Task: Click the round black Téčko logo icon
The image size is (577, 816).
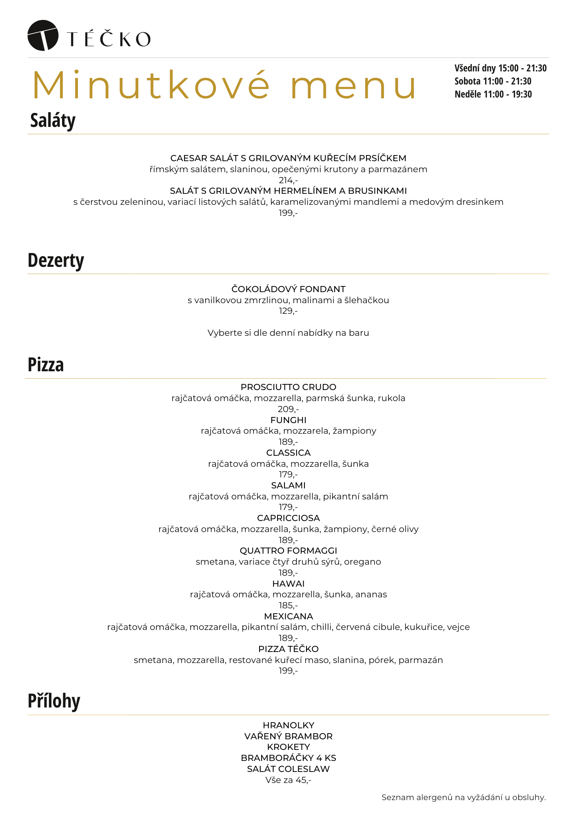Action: pyautogui.click(x=42, y=35)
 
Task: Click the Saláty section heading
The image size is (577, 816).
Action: pyautogui.click(x=53, y=121)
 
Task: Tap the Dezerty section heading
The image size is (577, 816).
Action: pyautogui.click(x=55, y=260)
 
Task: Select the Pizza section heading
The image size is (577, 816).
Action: pyautogui.click(x=46, y=365)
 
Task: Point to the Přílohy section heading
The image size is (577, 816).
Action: pyautogui.click(x=54, y=701)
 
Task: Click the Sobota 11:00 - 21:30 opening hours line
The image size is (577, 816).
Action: pyautogui.click(x=493, y=81)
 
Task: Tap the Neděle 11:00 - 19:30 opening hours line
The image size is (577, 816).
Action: pyautogui.click(x=493, y=94)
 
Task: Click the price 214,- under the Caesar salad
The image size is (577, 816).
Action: pyautogui.click(x=288, y=180)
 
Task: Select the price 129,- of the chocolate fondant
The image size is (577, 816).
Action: pyautogui.click(x=288, y=311)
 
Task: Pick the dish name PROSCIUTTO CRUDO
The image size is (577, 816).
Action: pyautogui.click(x=288, y=387)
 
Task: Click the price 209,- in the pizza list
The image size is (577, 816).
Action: pyautogui.click(x=288, y=409)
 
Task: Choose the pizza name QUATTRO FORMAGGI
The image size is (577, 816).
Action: pyautogui.click(x=288, y=551)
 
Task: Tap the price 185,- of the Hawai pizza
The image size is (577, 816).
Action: pyautogui.click(x=288, y=605)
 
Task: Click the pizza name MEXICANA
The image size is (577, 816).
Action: pyautogui.click(x=288, y=616)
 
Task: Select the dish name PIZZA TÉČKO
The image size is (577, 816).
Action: pyautogui.click(x=288, y=649)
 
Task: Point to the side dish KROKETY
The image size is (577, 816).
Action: pyautogui.click(x=288, y=747)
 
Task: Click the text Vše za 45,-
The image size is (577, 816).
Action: pyautogui.click(x=288, y=780)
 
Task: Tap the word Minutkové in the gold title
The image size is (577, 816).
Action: pyautogui.click(x=151, y=85)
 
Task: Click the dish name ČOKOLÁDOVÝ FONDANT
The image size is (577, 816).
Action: pyautogui.click(x=288, y=289)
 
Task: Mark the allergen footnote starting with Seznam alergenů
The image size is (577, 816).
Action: pyautogui.click(x=464, y=797)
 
